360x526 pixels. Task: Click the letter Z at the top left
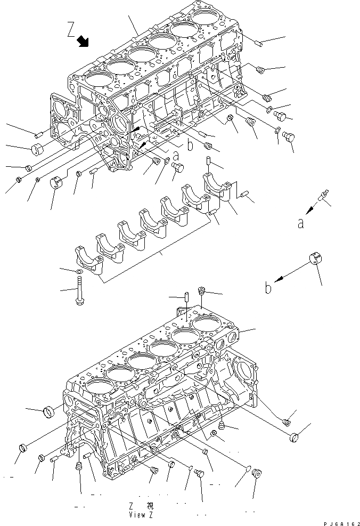click(71, 28)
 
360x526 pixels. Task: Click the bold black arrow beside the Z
click(83, 42)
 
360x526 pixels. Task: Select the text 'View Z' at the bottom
click(141, 515)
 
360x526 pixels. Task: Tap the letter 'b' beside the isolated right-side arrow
click(269, 288)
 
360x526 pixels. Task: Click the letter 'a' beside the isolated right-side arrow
click(301, 224)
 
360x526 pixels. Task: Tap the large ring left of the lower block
click(50, 411)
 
